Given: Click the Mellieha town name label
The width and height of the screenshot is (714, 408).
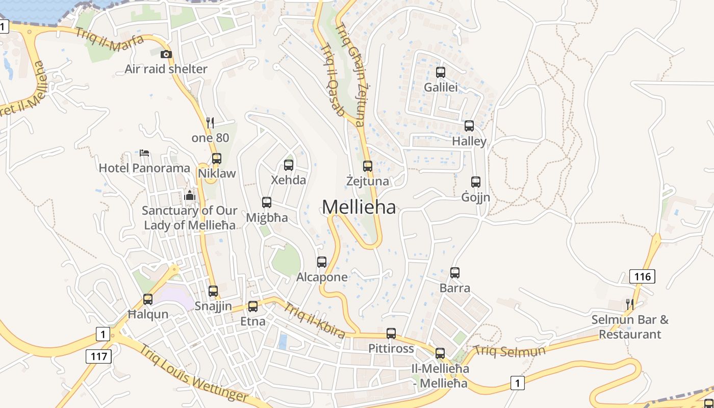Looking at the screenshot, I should tap(359, 207).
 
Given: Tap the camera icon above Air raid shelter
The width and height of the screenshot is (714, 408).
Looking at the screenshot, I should tap(166, 55).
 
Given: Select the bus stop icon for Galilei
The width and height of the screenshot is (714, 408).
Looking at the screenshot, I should tap(441, 72).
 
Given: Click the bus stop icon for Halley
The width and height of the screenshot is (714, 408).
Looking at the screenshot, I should tap(469, 125).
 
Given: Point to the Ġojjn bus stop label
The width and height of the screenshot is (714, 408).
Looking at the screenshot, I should tap(476, 197).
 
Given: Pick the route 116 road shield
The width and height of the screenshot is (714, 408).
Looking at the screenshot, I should tap(642, 276).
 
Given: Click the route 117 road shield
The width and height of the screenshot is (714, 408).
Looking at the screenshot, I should tap(98, 355).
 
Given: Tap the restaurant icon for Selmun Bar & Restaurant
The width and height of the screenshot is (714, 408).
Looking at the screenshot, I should tap(630, 304).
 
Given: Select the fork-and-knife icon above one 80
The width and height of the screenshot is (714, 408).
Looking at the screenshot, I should tap(210, 122).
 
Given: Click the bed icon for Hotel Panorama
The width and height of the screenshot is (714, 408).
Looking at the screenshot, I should tap(144, 152).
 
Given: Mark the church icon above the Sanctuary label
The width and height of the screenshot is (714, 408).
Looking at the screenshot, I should tap(190, 195).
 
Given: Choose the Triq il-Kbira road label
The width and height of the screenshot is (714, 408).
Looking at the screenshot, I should tap(314, 320).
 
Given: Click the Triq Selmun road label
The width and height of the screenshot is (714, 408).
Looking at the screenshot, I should tap(509, 351).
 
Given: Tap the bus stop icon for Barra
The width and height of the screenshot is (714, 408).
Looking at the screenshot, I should tap(455, 273).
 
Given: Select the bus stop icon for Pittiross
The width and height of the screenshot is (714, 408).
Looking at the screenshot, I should tap(391, 334).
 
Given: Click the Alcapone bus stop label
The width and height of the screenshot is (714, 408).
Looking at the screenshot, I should tap(322, 277).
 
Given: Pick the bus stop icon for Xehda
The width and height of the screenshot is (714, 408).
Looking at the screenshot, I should tap(289, 165).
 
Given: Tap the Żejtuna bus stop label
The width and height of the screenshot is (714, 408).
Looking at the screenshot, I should tap(367, 181).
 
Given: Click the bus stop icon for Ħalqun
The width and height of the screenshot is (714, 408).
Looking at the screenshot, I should tap(148, 299).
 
